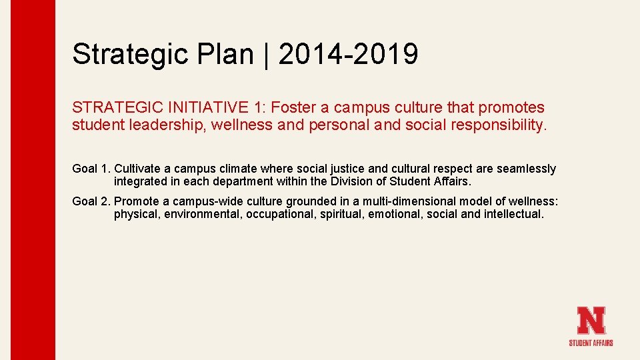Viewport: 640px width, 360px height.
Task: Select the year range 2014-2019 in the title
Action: pyautogui.click(x=349, y=54)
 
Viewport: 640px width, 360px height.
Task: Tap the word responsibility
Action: pyautogui.click(x=497, y=125)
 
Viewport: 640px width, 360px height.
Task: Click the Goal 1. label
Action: pyautogui.click(x=91, y=169)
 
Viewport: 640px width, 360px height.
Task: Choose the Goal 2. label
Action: pyautogui.click(x=91, y=201)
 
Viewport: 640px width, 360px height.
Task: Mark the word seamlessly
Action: pyautogui.click(x=526, y=169)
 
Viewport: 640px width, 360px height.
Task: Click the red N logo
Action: pyautogui.click(x=591, y=320)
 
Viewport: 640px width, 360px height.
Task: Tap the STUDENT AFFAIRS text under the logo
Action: pyautogui.click(x=591, y=343)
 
